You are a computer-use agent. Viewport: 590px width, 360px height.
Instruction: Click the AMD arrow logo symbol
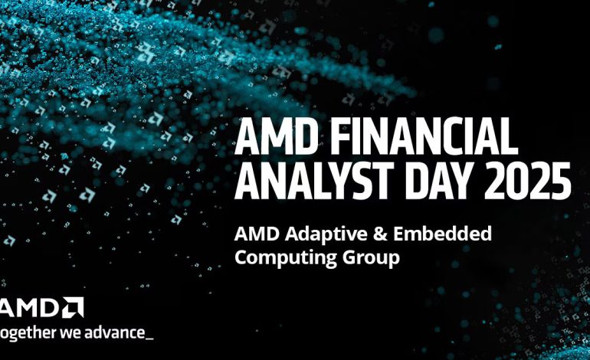tap(74, 307)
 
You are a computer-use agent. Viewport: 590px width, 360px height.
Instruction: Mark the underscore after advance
tap(149, 338)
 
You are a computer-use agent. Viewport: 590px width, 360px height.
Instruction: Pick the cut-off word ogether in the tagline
tap(28, 333)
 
